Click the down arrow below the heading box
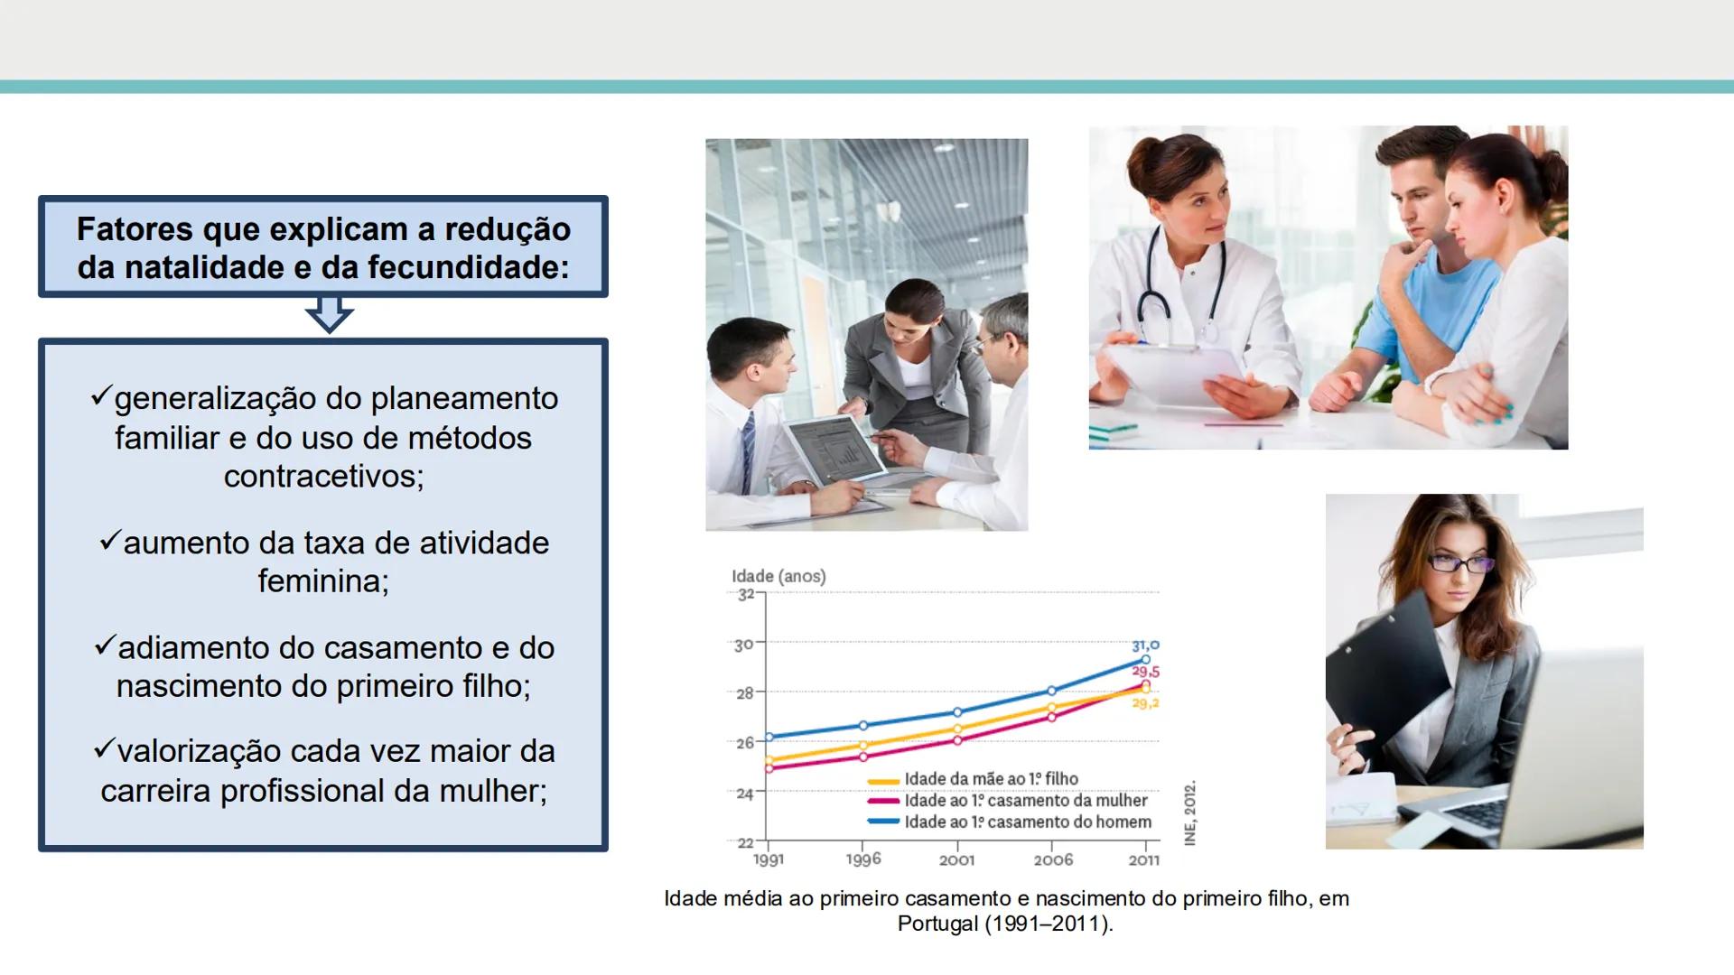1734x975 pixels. tap(329, 316)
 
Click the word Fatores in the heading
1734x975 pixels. tap(135, 229)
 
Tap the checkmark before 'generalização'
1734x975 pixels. tap(100, 396)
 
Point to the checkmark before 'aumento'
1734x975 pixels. tap(109, 541)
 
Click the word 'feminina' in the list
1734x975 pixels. tap(323, 580)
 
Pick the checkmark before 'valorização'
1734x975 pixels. tap(104, 749)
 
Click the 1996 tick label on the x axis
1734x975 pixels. tap(863, 859)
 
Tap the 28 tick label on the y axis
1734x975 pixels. tap(744, 693)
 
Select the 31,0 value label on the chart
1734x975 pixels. tap(1145, 645)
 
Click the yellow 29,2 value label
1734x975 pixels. tap(1145, 703)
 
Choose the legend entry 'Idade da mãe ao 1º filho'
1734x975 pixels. tap(991, 779)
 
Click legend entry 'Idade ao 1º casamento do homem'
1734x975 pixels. tap(1028, 822)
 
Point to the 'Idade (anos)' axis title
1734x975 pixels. tap(778, 576)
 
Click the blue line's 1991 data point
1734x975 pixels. tap(769, 738)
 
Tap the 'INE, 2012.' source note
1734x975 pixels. tap(1190, 812)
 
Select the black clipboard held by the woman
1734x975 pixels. tap(1382, 668)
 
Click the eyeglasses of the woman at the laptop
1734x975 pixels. tap(1460, 564)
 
